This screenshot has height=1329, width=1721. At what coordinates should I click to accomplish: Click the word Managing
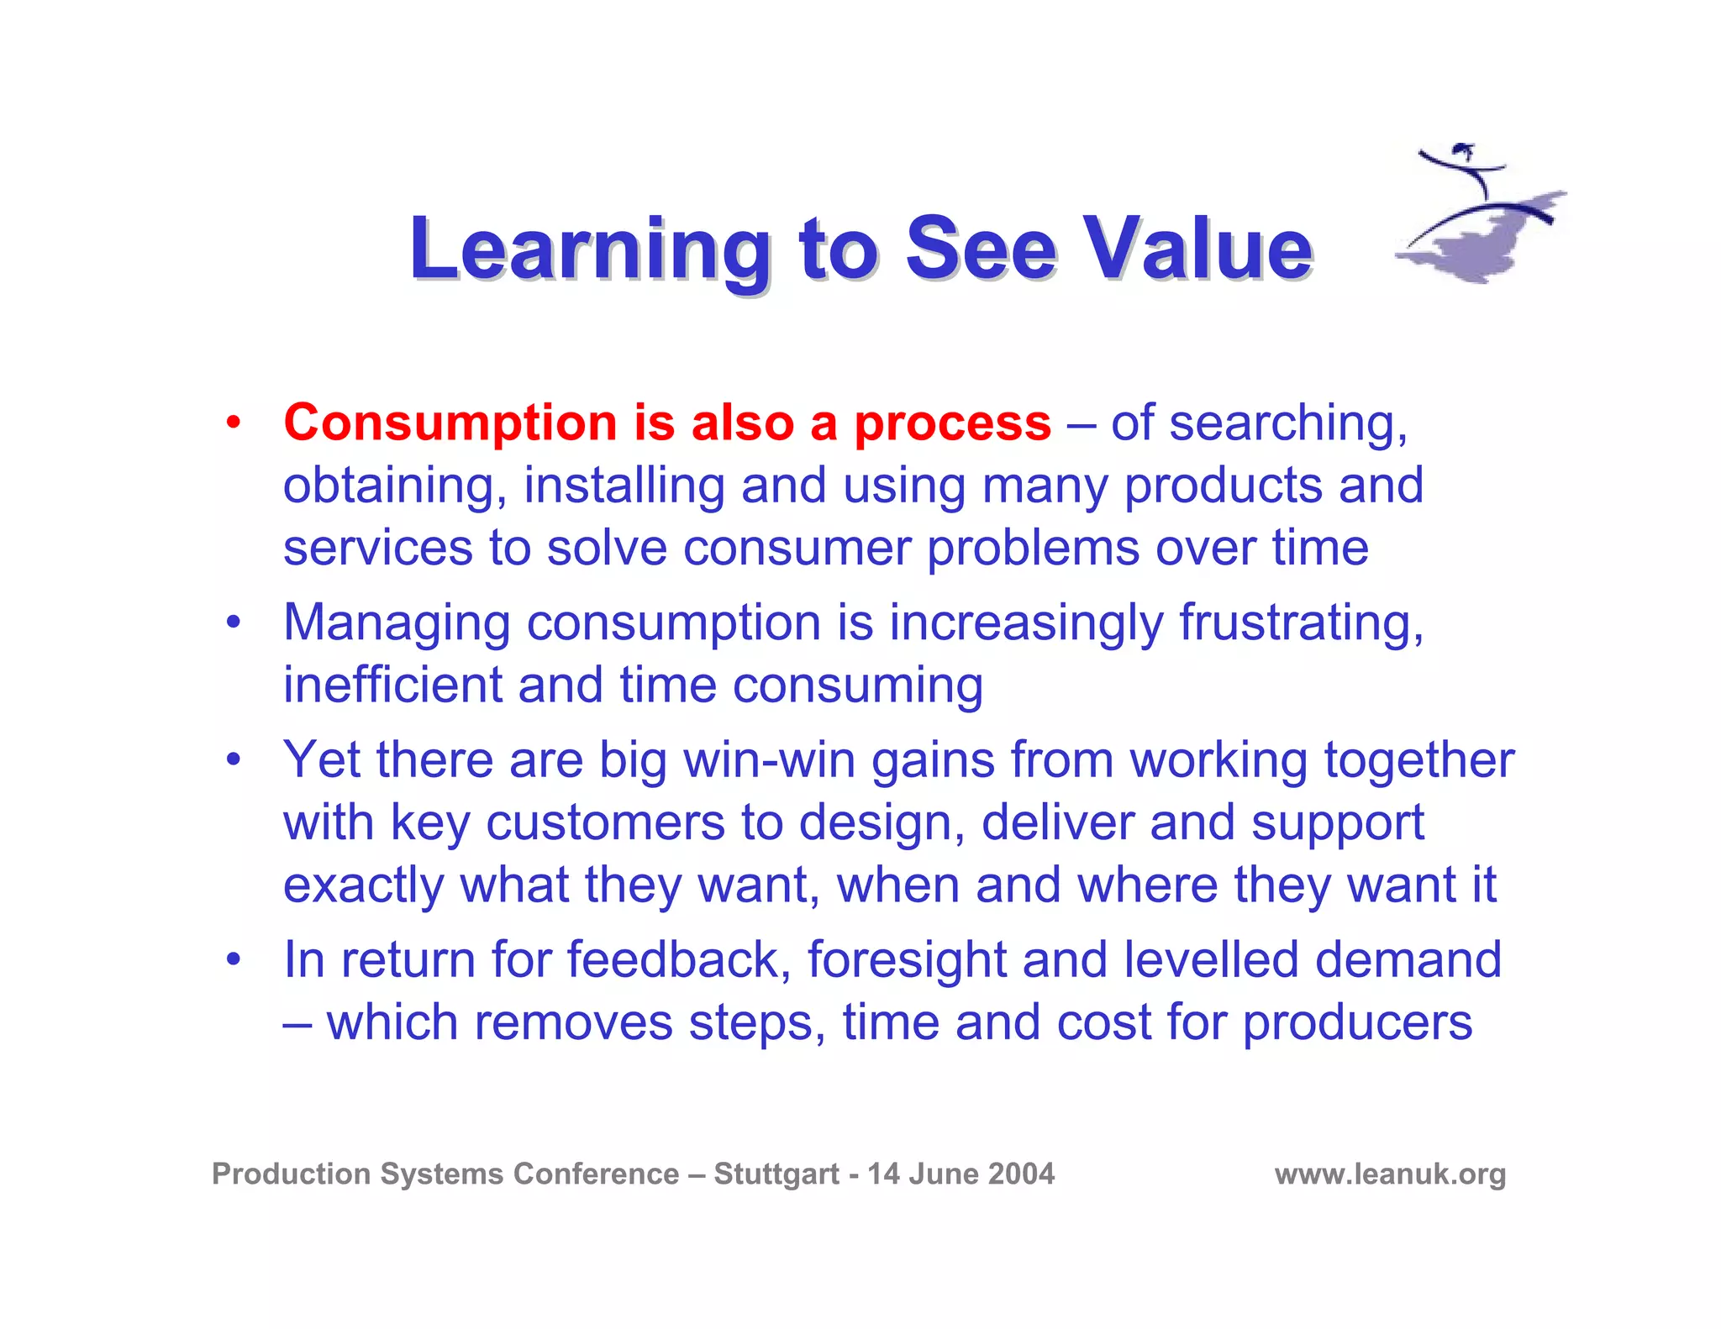[x=397, y=624]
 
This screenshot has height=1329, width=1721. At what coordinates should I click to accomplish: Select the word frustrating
[x=1301, y=624]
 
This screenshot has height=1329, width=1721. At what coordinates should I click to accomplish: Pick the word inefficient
[x=392, y=685]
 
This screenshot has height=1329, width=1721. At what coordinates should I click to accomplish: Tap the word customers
[x=605, y=822]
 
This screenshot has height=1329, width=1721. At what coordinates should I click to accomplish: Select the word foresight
[x=907, y=960]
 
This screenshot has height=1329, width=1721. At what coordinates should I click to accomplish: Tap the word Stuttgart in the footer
[x=776, y=1174]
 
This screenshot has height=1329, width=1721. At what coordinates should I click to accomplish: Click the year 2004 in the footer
[x=1021, y=1174]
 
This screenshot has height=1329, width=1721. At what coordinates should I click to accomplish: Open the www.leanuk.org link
[x=1390, y=1174]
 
